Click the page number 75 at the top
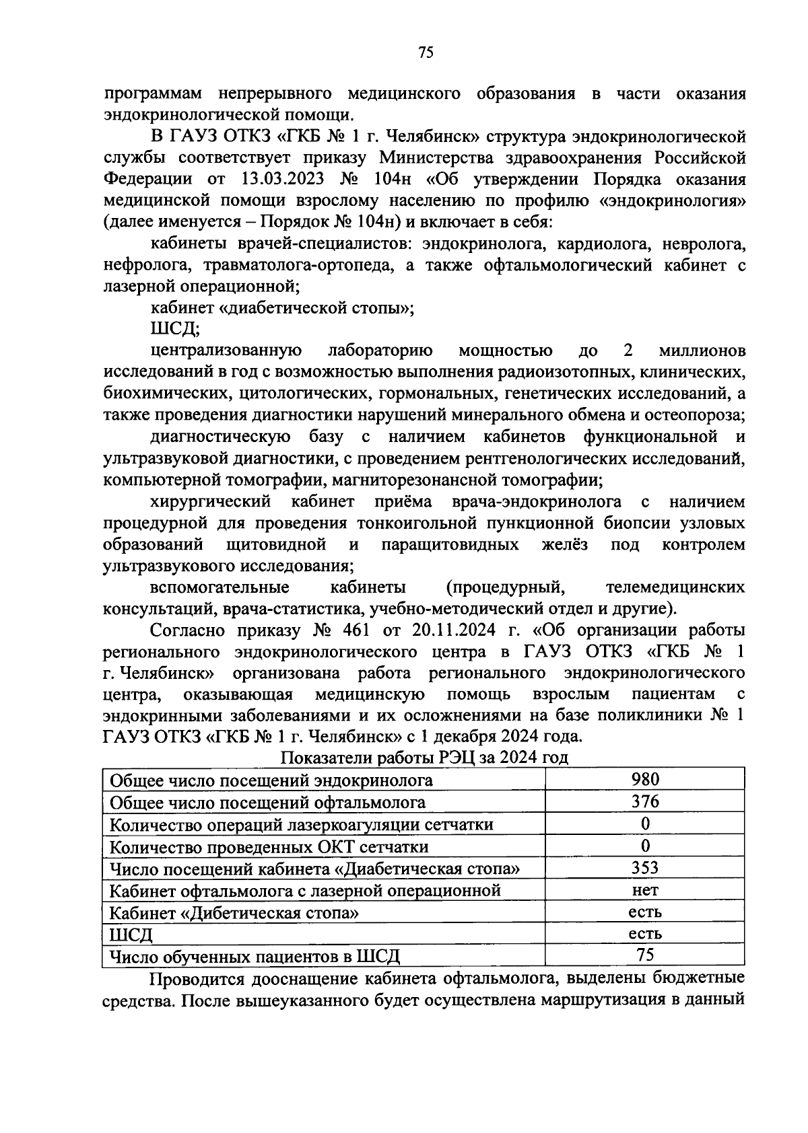tap(425, 52)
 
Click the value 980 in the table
tap(645, 779)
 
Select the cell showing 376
tap(645, 801)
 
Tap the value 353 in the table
tap(645, 867)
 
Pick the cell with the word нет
tap(645, 889)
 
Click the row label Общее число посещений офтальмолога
tap(267, 802)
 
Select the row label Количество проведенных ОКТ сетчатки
tap(269, 846)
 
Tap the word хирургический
tap(211, 502)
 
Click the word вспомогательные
tap(220, 587)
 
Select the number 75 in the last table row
tap(645, 955)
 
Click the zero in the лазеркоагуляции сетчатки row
tap(645, 824)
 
